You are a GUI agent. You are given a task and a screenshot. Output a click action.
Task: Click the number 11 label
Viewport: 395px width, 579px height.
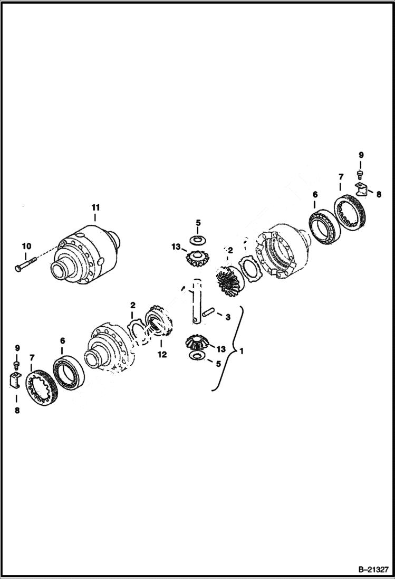click(95, 207)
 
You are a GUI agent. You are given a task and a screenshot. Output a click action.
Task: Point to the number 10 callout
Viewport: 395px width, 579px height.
click(26, 246)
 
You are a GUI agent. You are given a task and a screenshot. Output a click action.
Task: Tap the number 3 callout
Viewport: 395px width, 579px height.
click(227, 317)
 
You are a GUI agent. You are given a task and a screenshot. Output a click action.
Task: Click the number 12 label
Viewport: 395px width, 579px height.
click(162, 355)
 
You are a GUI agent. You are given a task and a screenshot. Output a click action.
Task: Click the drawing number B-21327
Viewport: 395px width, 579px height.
click(373, 569)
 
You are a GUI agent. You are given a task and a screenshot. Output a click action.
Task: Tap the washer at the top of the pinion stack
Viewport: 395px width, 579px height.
click(198, 240)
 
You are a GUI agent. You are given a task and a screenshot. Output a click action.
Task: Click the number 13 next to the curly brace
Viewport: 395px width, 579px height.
click(220, 349)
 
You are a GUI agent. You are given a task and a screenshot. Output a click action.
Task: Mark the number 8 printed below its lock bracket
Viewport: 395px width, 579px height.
click(17, 410)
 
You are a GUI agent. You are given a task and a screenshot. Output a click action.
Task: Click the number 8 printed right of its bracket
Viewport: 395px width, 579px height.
click(378, 194)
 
